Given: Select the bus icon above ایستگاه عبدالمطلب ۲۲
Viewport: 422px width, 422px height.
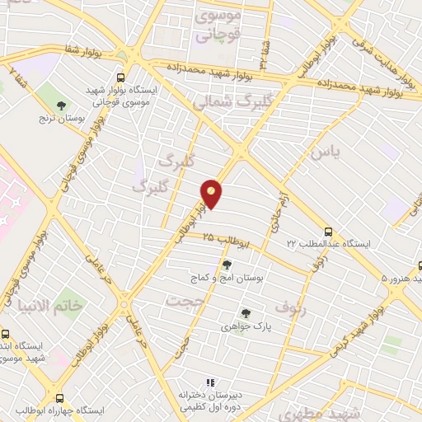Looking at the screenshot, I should click(x=328, y=232).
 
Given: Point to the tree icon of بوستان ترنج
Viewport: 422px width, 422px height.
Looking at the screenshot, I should click(x=62, y=105).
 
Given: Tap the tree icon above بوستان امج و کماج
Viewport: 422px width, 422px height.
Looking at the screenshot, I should click(x=227, y=265).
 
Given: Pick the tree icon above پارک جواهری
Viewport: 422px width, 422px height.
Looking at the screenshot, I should click(x=245, y=313).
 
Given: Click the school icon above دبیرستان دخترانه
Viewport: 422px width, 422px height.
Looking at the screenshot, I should click(x=209, y=382).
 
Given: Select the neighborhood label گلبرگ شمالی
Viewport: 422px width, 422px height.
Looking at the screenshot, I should click(x=224, y=102).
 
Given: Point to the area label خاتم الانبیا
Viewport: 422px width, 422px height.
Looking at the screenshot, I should click(x=60, y=306).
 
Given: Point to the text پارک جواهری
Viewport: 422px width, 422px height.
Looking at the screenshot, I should click(x=245, y=327).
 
